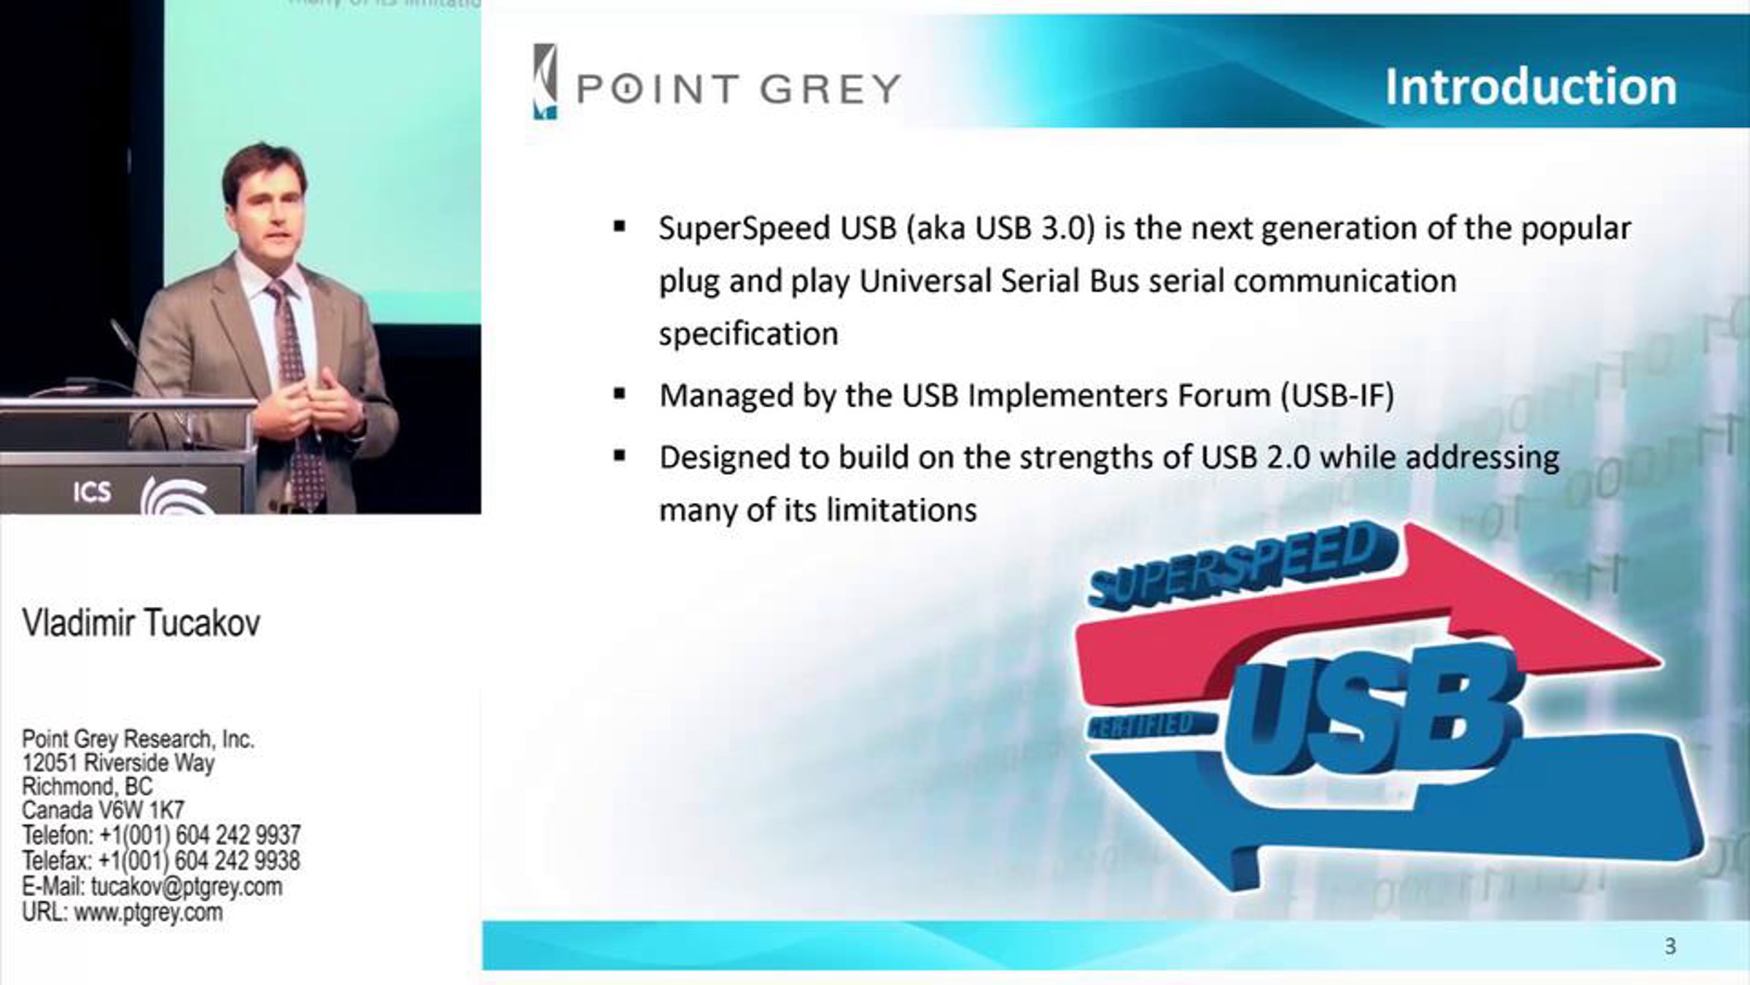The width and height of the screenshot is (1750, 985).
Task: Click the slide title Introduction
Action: coord(1531,88)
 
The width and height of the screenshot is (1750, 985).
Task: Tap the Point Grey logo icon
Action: coord(545,81)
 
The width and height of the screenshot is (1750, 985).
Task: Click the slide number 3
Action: coord(1671,946)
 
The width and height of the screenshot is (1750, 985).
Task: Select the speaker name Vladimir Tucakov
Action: coord(141,623)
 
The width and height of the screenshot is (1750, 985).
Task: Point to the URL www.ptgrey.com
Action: coord(122,912)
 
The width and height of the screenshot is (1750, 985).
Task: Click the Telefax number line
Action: coord(160,861)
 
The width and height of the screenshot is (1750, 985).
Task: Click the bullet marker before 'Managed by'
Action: coord(620,395)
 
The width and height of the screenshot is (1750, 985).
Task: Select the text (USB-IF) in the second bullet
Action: coord(1337,395)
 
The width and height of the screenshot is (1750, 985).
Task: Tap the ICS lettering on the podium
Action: coord(92,492)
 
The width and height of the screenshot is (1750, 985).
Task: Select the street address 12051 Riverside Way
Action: coord(118,763)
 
